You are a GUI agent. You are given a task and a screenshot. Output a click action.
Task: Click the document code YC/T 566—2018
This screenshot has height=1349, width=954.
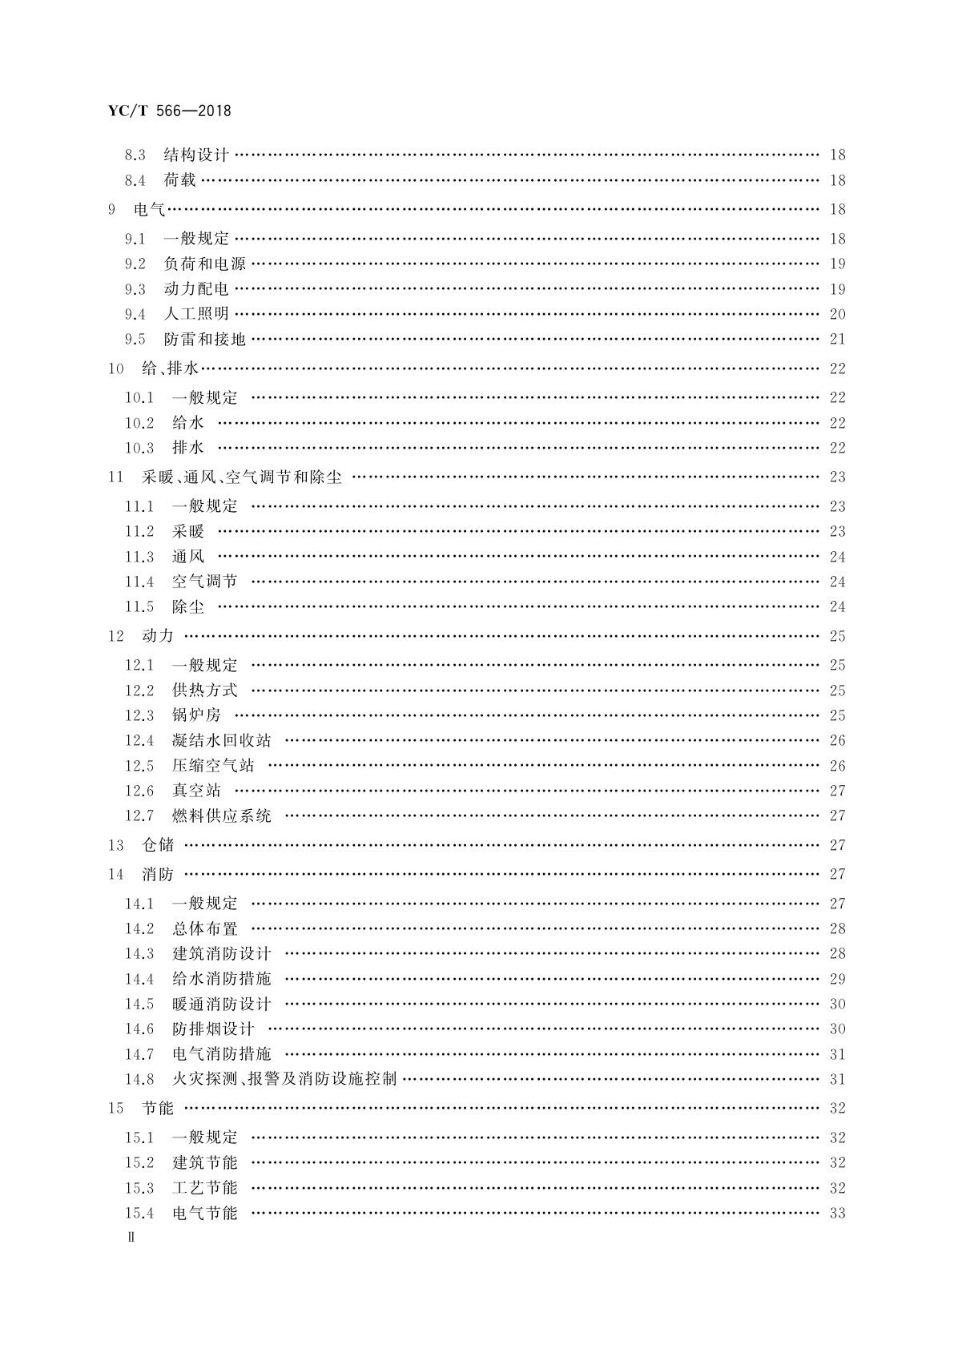tap(169, 111)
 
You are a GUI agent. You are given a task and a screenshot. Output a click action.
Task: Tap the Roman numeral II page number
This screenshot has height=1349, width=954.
tap(132, 1237)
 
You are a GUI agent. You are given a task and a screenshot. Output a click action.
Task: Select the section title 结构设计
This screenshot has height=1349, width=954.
tap(196, 155)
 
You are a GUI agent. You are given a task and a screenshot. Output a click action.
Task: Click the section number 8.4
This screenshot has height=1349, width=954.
tap(135, 180)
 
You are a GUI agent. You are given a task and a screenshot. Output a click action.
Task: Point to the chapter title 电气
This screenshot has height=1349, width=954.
tap(150, 209)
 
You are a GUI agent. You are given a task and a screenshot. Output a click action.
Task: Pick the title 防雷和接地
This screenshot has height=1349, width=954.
tap(205, 339)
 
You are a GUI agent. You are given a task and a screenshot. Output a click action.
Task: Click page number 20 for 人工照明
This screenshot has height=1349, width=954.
tap(837, 314)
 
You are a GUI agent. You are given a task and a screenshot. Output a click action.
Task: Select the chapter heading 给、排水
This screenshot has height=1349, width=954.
tap(170, 368)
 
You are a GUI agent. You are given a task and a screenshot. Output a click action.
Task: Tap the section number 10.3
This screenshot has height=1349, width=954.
tap(139, 448)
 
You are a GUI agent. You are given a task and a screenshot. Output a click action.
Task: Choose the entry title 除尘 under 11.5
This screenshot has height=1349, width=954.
tap(188, 607)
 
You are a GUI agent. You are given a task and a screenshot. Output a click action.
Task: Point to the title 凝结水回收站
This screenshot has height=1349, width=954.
tap(222, 740)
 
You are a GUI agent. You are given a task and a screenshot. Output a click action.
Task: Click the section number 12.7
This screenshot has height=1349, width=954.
tap(139, 815)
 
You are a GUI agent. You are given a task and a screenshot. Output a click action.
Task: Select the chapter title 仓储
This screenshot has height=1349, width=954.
tap(158, 845)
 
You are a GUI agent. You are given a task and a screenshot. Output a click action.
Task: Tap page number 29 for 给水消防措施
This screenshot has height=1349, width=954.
tap(837, 979)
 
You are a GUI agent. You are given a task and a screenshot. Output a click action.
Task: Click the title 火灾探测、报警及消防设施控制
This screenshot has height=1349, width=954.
tap(284, 1079)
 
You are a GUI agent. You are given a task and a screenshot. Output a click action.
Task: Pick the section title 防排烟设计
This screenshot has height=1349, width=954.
tap(213, 1029)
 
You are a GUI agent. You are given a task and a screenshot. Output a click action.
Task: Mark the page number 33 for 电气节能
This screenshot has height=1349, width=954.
tap(837, 1213)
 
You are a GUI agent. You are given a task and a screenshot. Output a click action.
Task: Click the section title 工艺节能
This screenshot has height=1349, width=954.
tap(205, 1188)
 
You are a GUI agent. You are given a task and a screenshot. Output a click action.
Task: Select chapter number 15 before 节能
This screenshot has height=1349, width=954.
tap(116, 1109)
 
